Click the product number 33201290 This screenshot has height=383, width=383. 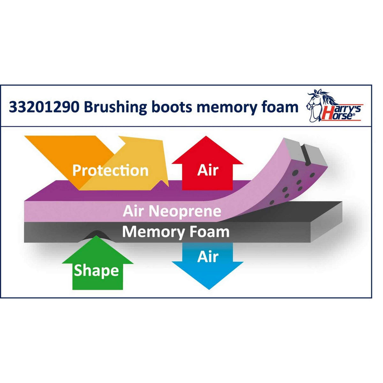[44, 107]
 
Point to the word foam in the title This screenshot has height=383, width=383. [279, 107]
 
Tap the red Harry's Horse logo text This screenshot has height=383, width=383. [342, 113]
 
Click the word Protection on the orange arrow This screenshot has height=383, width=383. [110, 170]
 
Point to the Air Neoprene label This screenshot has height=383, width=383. [172, 211]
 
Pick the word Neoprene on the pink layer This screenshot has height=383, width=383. [185, 211]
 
